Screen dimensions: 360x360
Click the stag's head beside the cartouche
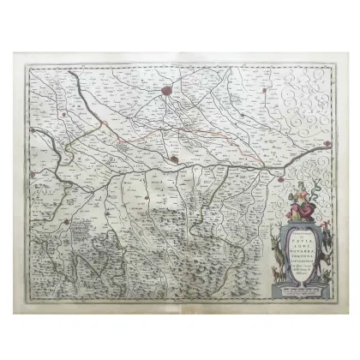click(x=277, y=241)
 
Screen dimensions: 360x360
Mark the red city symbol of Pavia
click(x=174, y=158)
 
